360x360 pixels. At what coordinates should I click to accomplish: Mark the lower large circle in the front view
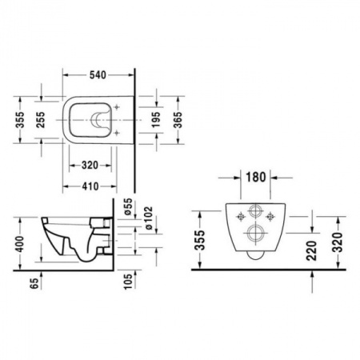point(254,235)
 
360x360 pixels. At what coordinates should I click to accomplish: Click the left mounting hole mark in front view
point(238,214)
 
